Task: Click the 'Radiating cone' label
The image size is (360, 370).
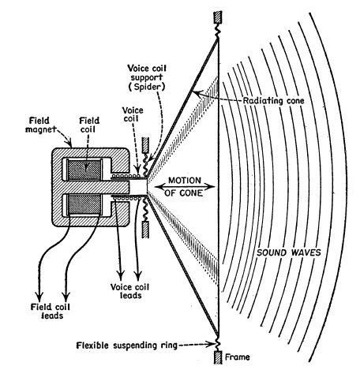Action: click(273, 101)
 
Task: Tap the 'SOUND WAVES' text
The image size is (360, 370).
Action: click(289, 252)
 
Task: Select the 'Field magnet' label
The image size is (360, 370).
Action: click(40, 125)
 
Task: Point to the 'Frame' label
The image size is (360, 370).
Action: click(237, 357)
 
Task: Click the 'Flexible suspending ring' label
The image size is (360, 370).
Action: click(126, 346)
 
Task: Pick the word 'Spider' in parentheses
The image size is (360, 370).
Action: click(147, 87)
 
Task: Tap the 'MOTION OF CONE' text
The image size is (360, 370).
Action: click(184, 187)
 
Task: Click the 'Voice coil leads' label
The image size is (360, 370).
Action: click(129, 291)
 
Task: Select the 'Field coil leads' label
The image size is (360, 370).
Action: click(51, 311)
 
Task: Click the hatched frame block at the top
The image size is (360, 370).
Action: click(218, 17)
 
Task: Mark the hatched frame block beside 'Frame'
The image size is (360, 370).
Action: click(218, 357)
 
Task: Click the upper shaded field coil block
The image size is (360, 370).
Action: click(84, 170)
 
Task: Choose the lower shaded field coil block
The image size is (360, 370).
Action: click(84, 204)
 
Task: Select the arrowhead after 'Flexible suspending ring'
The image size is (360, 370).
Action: click(212, 344)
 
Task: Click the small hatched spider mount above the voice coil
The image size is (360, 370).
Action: click(145, 145)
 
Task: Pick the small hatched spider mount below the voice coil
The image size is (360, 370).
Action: click(145, 230)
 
